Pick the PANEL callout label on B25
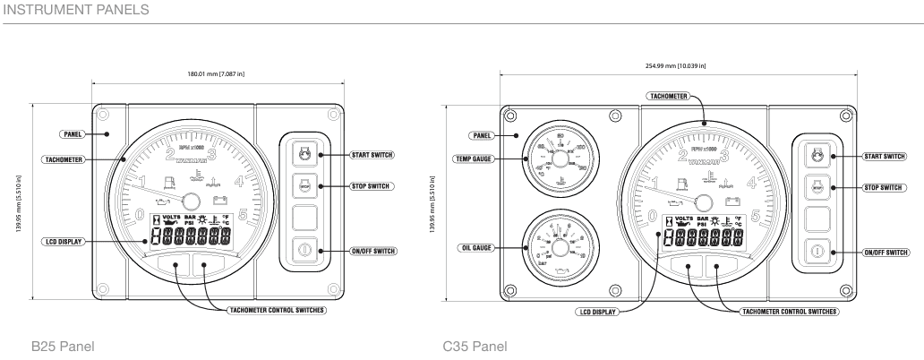72,133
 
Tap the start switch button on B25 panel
304,154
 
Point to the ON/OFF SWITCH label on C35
883,253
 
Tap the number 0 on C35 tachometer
652,216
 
